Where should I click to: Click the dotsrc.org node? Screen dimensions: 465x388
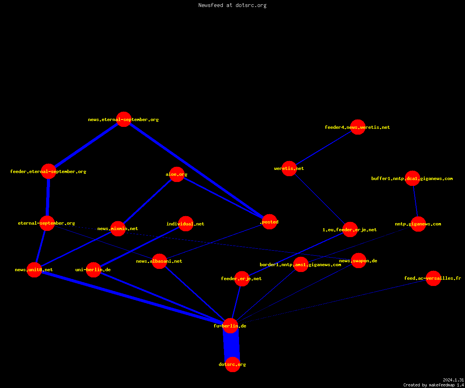(232, 364)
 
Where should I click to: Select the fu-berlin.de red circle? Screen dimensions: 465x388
(230, 326)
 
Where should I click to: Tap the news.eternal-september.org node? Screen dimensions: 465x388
(124, 119)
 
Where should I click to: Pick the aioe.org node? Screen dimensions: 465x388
(177, 174)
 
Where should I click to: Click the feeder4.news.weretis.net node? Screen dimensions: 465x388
(358, 127)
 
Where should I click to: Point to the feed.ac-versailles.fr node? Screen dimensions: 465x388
(433, 278)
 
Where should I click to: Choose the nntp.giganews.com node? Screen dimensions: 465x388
(418, 224)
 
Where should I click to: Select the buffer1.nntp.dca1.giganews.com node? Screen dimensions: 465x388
(412, 178)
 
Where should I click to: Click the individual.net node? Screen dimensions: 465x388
(186, 223)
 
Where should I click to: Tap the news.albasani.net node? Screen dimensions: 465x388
(159, 261)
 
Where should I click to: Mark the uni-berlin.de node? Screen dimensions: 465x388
(93, 270)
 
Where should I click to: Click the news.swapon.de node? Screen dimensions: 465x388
(358, 260)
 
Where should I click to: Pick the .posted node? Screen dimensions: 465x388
(270, 222)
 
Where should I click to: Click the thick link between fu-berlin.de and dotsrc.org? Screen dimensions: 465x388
(231, 345)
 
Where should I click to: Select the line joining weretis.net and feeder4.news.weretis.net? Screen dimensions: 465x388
(324, 148)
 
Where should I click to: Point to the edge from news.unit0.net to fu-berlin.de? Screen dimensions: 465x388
(132, 298)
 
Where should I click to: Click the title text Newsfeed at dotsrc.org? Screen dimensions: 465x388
(232, 5)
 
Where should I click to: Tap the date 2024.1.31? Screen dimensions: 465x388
(453, 380)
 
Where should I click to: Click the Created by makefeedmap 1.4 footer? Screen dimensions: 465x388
(434, 385)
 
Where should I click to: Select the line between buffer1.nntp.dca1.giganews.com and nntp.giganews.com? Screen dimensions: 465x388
(415, 201)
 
